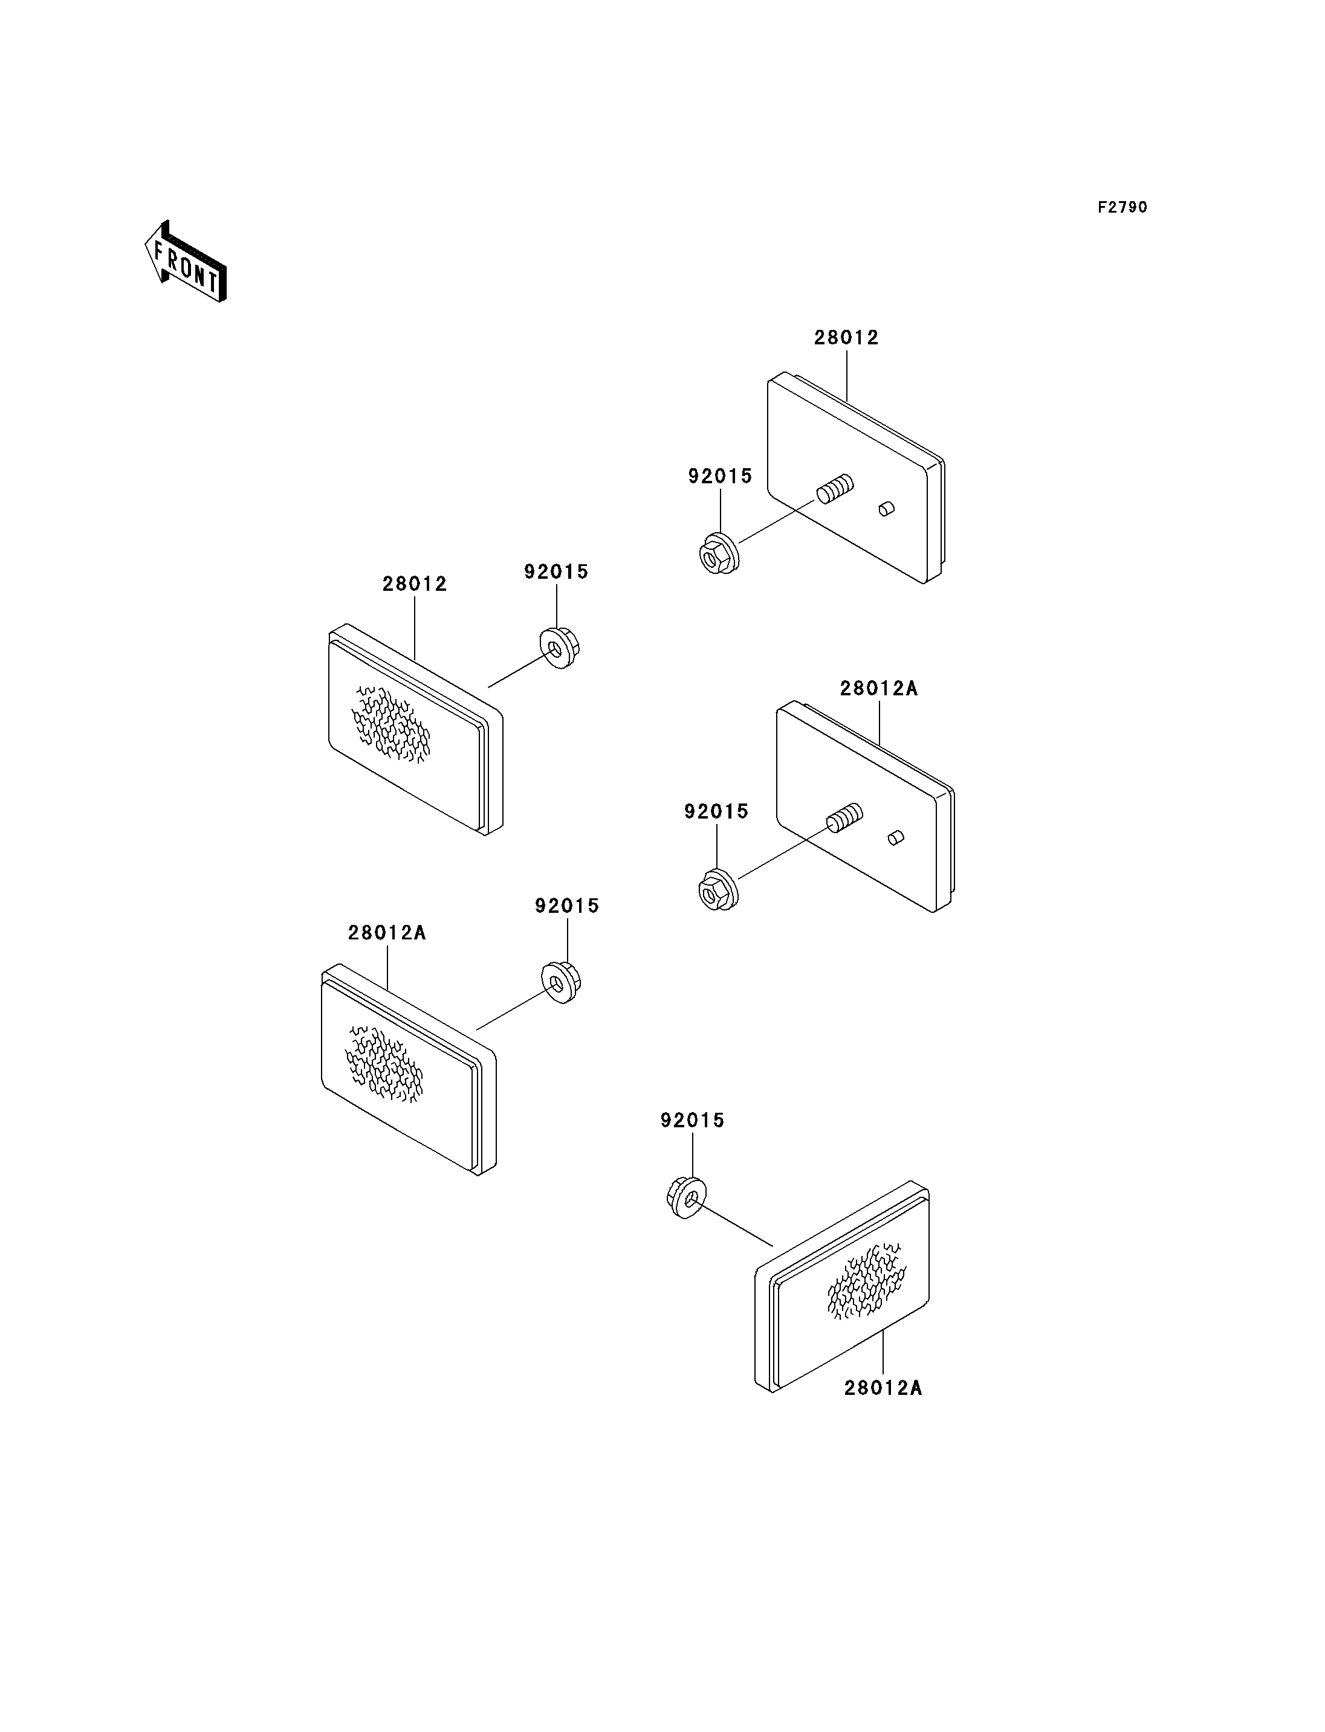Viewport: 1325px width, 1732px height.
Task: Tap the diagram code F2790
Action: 1123,207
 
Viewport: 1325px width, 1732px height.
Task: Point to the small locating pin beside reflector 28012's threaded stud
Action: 887,509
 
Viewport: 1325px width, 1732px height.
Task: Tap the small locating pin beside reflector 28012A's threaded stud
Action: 896,837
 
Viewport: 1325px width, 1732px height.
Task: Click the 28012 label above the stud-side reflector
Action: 846,338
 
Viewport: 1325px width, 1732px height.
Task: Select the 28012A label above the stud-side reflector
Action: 879,688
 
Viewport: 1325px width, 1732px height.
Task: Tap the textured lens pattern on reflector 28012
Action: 391,724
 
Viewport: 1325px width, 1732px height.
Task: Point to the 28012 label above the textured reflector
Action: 415,584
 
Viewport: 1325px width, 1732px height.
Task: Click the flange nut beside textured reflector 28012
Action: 559,647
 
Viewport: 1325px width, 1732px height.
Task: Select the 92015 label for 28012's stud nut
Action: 720,476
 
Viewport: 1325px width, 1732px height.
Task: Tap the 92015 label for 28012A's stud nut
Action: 716,811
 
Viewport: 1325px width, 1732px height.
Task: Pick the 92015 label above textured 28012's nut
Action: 556,571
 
